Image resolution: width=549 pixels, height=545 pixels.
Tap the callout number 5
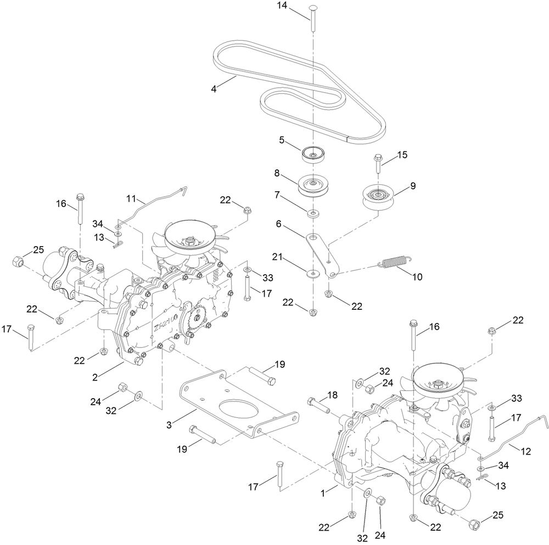click(282, 140)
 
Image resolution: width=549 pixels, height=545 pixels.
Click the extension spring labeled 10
click(394, 262)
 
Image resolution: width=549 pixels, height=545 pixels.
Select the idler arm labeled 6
click(322, 252)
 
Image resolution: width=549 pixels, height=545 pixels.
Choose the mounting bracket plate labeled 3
click(242, 406)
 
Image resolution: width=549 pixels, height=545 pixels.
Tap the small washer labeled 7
click(312, 212)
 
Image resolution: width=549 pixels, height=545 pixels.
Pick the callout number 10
click(417, 277)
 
